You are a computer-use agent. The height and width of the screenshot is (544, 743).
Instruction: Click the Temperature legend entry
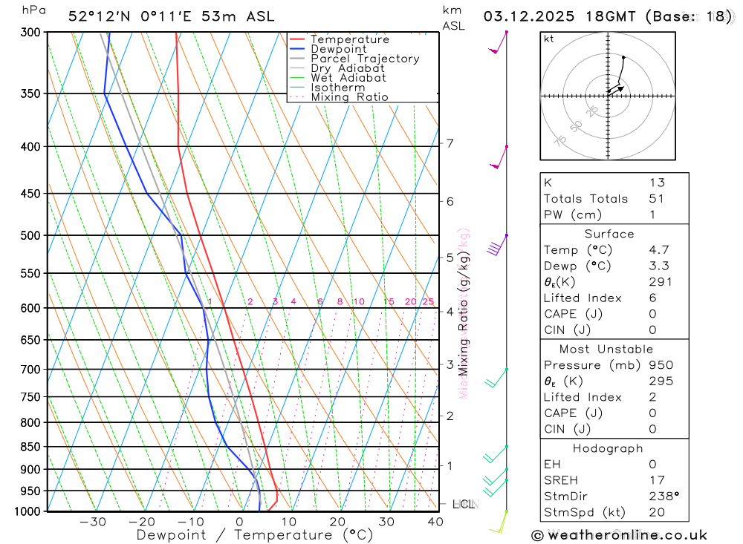[x=349, y=39]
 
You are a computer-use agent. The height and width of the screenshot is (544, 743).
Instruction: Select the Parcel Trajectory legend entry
[x=364, y=59]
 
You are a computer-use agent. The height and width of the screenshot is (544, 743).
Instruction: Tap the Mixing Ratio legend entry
[x=349, y=97]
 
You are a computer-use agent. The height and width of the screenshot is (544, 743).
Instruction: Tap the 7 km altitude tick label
[x=450, y=143]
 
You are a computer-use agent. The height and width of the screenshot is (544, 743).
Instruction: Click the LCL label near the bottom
[x=463, y=505]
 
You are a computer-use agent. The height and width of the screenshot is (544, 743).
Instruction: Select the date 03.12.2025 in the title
[x=530, y=16]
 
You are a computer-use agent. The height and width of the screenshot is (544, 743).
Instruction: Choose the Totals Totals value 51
[x=657, y=199]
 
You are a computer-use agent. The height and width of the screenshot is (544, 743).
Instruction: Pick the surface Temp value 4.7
[x=658, y=250]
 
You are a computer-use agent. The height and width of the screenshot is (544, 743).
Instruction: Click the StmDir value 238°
[x=663, y=497]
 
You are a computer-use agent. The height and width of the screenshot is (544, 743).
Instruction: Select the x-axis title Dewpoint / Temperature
[x=254, y=535]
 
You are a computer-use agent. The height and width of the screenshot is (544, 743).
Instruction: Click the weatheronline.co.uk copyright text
[x=619, y=535]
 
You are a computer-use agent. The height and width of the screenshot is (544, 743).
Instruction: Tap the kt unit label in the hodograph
[x=549, y=39]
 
